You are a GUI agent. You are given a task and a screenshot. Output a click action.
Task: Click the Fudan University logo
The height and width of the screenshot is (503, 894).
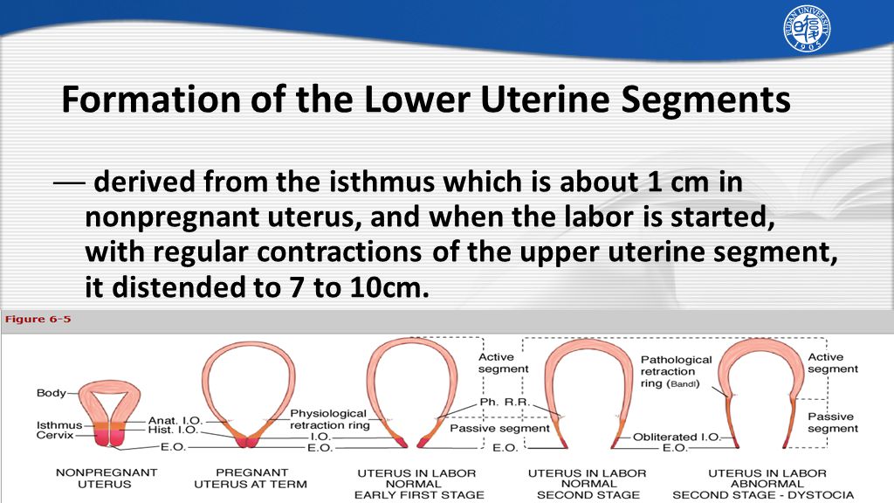(x=807, y=29)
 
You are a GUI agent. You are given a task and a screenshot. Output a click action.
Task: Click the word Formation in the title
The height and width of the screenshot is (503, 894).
(x=150, y=100)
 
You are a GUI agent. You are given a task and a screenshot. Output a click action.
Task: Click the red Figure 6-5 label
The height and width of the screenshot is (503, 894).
(x=38, y=319)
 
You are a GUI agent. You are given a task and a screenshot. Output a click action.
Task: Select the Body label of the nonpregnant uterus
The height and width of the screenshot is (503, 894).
(x=51, y=393)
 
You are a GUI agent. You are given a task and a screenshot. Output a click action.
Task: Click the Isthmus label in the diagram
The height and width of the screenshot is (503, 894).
(x=59, y=425)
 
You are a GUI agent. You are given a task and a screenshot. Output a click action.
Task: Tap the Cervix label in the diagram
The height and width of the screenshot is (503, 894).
(x=55, y=435)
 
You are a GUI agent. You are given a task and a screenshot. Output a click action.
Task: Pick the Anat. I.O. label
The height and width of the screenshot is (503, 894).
(x=175, y=420)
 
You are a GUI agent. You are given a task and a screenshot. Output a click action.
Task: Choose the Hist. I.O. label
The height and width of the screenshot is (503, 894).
(x=173, y=430)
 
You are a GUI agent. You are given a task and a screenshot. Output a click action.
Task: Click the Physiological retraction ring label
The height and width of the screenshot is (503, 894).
(x=329, y=419)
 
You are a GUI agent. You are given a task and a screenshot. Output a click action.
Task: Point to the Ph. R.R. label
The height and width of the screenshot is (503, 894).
(x=505, y=402)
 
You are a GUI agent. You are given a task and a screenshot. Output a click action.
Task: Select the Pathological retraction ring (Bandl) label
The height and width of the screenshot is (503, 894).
(x=677, y=371)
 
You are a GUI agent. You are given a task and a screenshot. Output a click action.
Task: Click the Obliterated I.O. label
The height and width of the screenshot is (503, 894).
(x=677, y=438)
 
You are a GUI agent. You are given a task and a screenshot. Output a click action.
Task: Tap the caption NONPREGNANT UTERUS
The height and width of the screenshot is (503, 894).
(x=106, y=479)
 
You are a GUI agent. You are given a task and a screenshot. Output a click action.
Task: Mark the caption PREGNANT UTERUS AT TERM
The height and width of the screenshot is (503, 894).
(x=251, y=479)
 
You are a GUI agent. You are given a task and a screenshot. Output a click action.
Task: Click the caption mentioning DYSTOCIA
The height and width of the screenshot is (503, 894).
(x=763, y=484)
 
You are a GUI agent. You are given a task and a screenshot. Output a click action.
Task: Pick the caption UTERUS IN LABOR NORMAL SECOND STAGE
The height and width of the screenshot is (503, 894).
(x=588, y=484)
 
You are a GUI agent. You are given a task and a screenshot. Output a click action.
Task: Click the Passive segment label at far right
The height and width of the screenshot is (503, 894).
(x=832, y=423)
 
